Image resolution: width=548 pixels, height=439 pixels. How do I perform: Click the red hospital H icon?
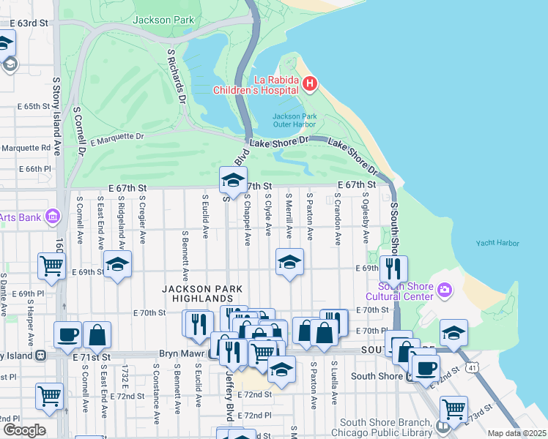tap(309, 84)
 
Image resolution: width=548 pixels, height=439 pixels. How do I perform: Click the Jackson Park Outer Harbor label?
tap(295, 121)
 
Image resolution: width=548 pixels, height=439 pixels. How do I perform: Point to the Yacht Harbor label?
tap(497, 243)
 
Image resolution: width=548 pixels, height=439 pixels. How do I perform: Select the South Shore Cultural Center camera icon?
tap(444, 291)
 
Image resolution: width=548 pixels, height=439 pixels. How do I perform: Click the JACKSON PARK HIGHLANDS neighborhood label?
tap(197, 294)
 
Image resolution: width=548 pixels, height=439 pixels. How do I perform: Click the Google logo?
tap(23, 429)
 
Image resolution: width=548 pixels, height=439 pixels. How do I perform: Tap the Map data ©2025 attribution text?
tap(516, 433)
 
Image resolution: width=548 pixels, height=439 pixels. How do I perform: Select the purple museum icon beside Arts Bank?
tap(52, 216)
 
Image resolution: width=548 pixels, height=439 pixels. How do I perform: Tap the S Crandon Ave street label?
tap(338, 219)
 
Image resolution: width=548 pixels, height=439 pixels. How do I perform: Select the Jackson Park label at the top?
tap(163, 20)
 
